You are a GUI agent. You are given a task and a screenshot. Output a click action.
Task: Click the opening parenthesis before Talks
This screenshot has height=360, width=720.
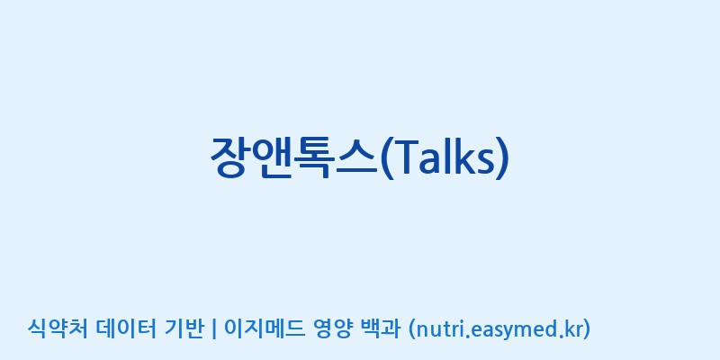point(386,158)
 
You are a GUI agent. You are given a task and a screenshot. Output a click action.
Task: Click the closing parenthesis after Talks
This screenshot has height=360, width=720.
point(503,158)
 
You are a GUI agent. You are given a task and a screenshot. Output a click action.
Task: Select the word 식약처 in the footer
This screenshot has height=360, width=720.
point(58,328)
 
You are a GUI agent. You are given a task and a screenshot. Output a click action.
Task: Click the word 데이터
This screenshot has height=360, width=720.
point(127,328)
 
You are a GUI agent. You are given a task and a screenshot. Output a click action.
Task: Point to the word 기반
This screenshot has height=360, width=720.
point(184,328)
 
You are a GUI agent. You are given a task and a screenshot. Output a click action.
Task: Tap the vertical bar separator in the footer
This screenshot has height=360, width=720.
point(214,329)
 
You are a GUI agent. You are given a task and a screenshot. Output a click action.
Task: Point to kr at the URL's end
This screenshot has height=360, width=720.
point(573,329)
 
